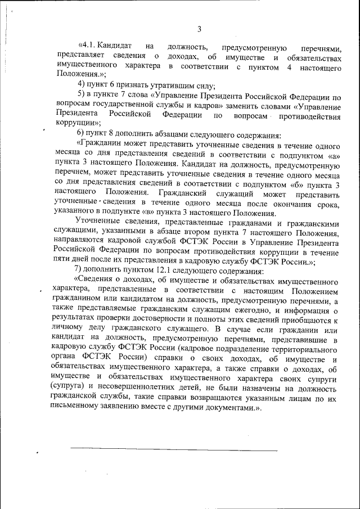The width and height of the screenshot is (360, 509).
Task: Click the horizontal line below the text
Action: click(174, 450)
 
